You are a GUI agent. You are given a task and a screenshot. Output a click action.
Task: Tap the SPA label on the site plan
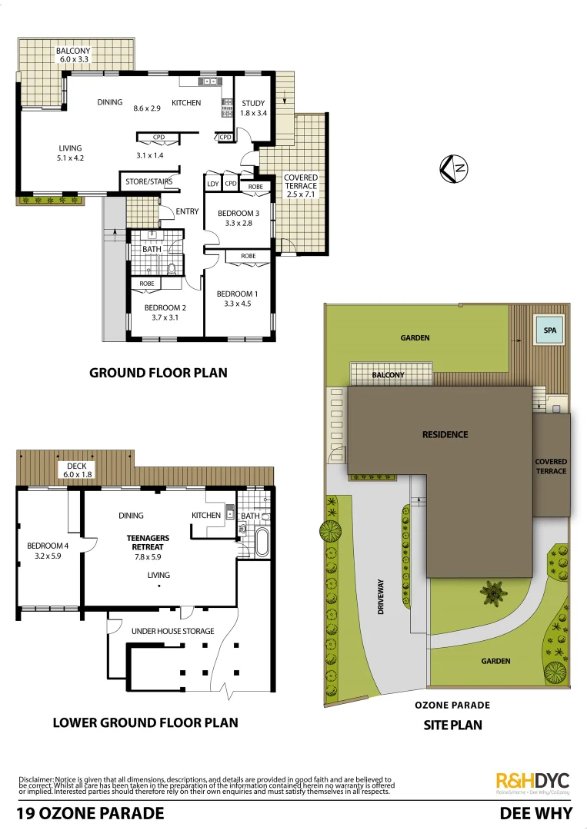click(x=549, y=331)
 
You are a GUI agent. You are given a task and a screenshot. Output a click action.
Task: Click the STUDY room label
click(x=253, y=104)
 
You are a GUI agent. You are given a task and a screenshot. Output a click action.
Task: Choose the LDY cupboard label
click(x=213, y=184)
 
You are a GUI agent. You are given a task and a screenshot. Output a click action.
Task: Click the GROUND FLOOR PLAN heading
click(x=158, y=373)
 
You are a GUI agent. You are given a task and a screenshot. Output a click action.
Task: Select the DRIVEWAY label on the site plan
click(x=380, y=596)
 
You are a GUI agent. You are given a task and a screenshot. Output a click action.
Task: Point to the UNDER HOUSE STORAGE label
click(x=172, y=631)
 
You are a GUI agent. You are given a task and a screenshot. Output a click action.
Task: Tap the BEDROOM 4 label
click(x=48, y=546)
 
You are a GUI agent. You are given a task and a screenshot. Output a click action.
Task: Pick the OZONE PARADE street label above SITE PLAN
click(x=452, y=705)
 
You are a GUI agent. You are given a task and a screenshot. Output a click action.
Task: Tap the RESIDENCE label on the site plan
click(x=445, y=434)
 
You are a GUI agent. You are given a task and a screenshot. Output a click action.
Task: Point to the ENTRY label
click(x=187, y=211)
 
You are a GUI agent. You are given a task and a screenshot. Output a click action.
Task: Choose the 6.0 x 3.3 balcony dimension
click(x=73, y=58)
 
